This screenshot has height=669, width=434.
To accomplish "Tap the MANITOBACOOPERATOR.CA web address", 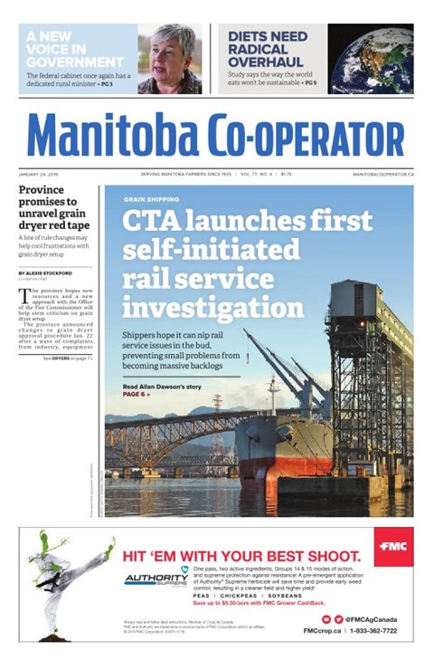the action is tap(383, 173).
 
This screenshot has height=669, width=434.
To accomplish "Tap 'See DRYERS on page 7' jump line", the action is tap(67, 358).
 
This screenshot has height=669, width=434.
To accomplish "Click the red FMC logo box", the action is tap(394, 546).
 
